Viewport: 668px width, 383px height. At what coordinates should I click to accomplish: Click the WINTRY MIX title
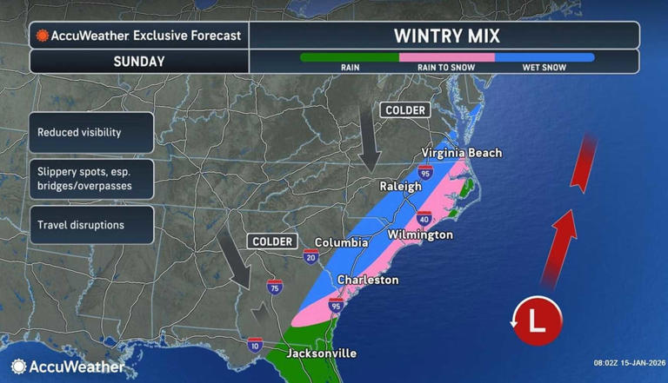[444, 36]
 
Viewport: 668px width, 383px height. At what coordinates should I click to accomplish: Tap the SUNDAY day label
[138, 62]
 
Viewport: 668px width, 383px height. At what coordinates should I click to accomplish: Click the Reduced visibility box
[91, 133]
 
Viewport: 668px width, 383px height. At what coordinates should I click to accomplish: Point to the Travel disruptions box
[91, 225]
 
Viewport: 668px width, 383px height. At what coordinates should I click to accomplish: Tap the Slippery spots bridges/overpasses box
[91, 179]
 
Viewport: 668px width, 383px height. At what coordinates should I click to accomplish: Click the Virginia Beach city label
[462, 153]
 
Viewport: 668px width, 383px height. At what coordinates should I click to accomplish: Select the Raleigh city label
[400, 186]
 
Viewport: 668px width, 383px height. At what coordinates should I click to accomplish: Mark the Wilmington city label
[420, 234]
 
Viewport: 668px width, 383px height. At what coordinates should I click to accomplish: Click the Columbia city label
[341, 242]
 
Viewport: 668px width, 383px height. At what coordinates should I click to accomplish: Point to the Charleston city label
[368, 280]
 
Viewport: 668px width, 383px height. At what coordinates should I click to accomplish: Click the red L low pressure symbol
[537, 321]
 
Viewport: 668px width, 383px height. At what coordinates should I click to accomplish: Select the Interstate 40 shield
[424, 217]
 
